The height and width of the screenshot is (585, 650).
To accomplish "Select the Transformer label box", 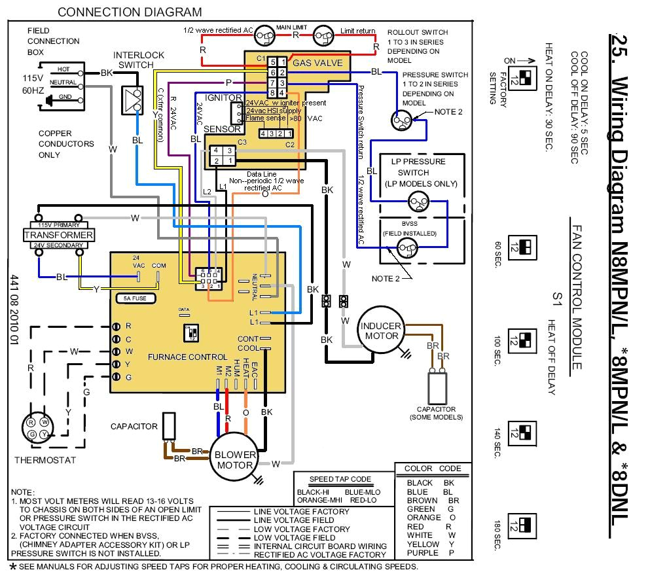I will tap(59, 235).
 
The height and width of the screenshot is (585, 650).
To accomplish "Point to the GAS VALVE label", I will tap(317, 63).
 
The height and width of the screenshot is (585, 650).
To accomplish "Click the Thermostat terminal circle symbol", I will tap(37, 429).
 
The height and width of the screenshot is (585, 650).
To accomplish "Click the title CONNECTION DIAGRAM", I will tap(130, 12).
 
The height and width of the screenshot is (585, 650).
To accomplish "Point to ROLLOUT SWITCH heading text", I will tap(418, 32).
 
